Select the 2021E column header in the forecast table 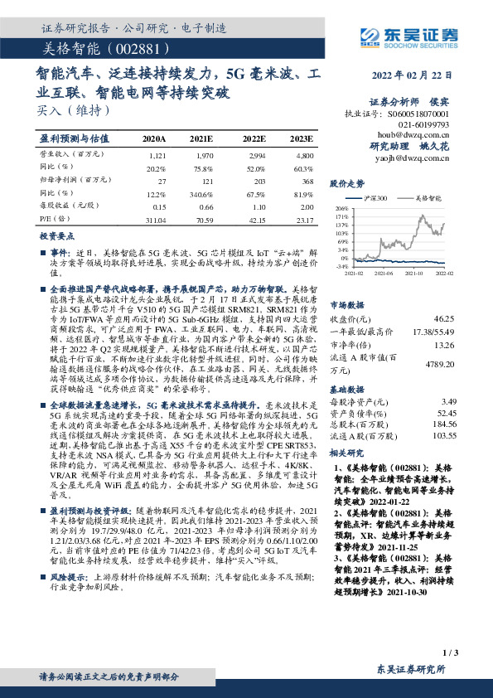click(x=201, y=138)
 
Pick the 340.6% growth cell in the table click(x=201, y=193)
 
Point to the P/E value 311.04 click(x=155, y=220)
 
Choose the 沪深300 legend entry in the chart click(x=375, y=198)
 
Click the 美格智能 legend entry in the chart click(x=427, y=198)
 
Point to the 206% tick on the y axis click(x=341, y=208)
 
